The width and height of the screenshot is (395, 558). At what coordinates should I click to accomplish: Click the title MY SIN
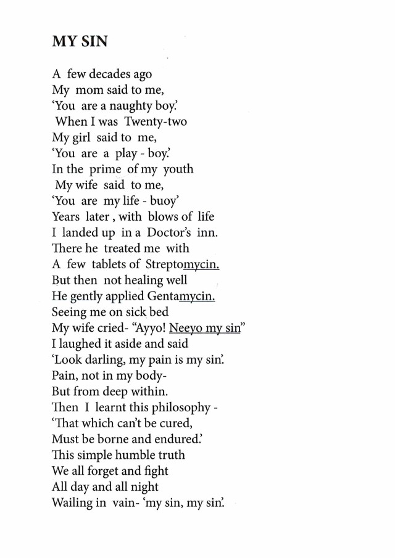click(80, 41)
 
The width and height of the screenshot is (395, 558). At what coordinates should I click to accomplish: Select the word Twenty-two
click(155, 121)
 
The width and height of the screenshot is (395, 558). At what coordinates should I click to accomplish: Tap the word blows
click(164, 216)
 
